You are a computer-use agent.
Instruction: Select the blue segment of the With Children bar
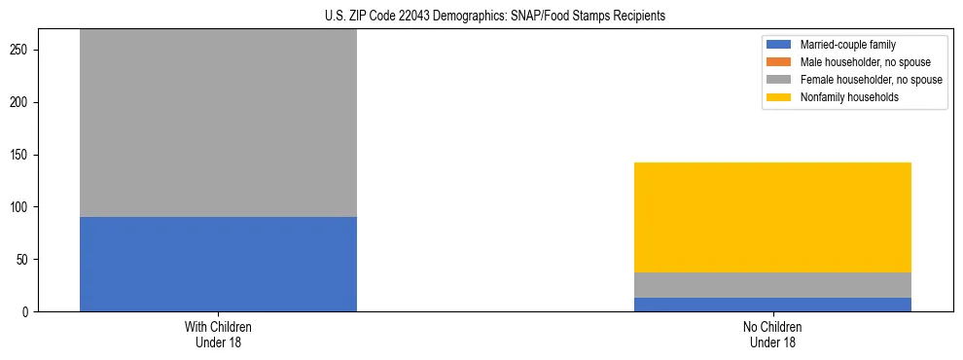[218, 264]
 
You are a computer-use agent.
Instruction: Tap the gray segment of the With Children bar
[218, 123]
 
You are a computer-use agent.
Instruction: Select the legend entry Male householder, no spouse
[857, 62]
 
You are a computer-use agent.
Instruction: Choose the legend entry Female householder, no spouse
[862, 80]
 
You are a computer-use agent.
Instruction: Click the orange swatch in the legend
[779, 62]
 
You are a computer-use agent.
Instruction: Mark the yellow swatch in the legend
[779, 97]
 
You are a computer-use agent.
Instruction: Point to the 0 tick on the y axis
[29, 312]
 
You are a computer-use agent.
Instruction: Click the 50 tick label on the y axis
[26, 260]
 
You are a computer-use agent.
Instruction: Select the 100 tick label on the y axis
[23, 207]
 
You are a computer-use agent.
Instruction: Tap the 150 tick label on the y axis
[23, 155]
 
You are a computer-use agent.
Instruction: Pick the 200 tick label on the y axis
[23, 102]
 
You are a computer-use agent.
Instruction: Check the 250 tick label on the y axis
[23, 50]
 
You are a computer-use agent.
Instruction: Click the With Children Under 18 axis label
[218, 335]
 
